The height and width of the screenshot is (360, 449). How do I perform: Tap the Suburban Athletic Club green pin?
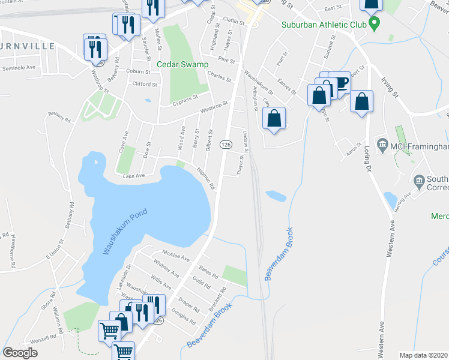375,25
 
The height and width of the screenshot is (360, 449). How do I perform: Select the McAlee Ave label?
176,256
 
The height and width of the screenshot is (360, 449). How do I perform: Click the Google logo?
20,353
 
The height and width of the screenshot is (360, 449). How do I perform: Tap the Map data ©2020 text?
423,355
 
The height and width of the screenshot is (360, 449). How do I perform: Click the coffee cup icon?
342,83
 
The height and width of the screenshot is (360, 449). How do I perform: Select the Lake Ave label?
134,176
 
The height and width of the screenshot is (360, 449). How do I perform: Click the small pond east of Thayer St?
276,196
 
